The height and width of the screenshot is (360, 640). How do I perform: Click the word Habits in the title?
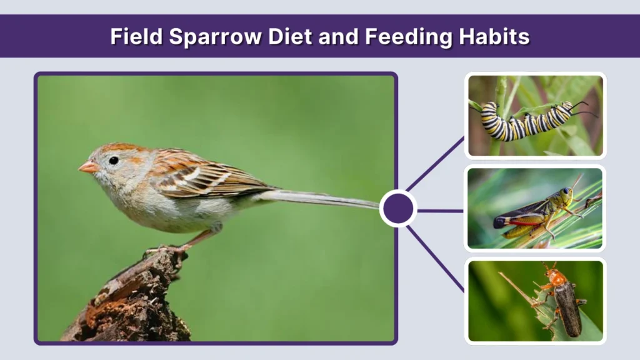494,37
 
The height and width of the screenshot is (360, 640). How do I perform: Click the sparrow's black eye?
114,161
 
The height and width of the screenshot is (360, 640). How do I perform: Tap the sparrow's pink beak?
87,167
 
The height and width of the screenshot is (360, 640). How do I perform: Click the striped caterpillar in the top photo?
525,120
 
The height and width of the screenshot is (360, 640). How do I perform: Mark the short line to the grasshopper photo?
440,211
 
